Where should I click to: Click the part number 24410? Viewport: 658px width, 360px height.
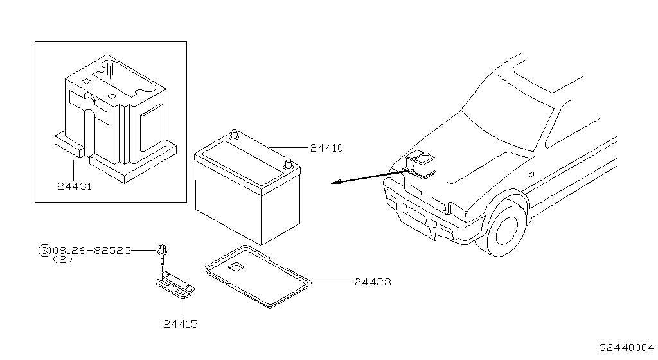326,148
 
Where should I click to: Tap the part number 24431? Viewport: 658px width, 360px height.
73,186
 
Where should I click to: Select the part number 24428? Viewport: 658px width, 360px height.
372,282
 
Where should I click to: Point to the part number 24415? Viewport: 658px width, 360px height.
181,325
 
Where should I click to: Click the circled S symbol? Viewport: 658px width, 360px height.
44,250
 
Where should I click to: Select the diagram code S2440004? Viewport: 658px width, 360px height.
626,347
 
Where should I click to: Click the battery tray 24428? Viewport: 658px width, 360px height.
258,276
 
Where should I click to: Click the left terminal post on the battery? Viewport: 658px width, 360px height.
235,136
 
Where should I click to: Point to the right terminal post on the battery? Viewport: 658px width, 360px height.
290,163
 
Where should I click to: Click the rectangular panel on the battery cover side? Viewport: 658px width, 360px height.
152,128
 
